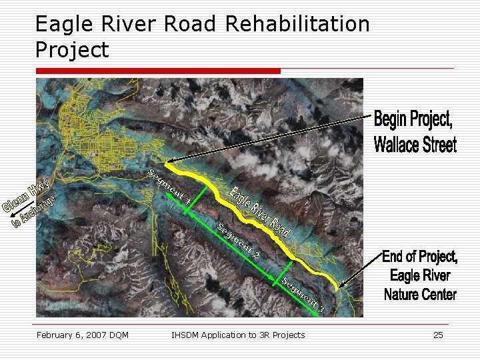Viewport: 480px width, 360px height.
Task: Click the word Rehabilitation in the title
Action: (297, 25)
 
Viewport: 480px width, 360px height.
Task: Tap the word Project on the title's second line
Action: (71, 49)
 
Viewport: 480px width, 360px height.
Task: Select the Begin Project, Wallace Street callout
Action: (415, 131)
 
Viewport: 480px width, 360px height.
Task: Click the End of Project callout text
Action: (420, 257)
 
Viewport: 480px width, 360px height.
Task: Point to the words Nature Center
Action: (420, 293)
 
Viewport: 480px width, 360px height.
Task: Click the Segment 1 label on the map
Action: (169, 186)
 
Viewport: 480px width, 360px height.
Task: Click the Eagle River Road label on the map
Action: (261, 211)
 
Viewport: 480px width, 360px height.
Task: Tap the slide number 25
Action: (438, 335)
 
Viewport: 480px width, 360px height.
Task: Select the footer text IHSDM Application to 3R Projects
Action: (238, 335)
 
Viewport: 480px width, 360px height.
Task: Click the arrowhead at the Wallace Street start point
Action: (169, 161)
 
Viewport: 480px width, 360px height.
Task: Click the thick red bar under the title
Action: (158, 71)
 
